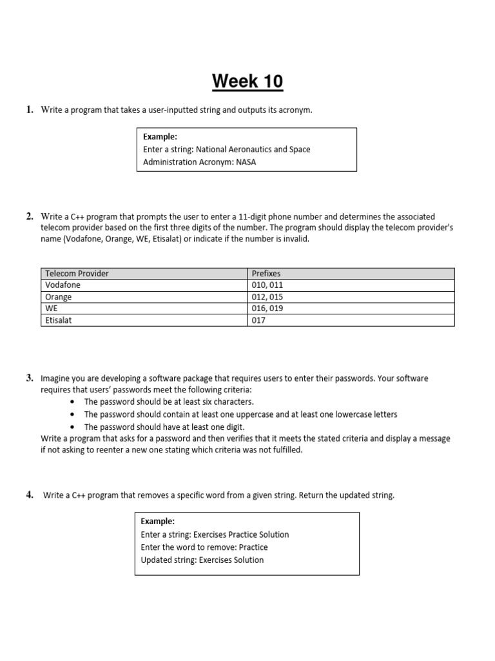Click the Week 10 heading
coord(247,82)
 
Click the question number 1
coord(30,110)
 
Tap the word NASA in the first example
coord(246,162)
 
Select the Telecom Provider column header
coord(77,274)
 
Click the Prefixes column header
coord(266,274)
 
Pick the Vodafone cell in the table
coord(63,285)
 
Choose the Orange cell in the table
coord(59,297)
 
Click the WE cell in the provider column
coord(52,309)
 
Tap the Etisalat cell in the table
coord(59,320)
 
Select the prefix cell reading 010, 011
coord(267,285)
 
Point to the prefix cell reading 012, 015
coord(267,297)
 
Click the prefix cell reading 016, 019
coord(267,309)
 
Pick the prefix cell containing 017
coord(259,320)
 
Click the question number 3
coord(30,378)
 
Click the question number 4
coord(30,495)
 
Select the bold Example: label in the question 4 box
coord(158,522)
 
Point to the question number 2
coord(30,216)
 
